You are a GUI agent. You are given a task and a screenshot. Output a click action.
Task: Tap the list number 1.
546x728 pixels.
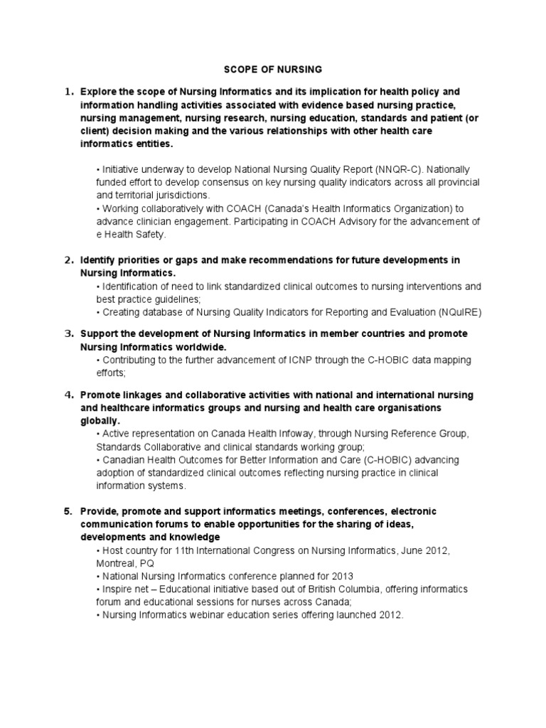69,92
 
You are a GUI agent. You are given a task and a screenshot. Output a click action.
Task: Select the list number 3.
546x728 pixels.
69,333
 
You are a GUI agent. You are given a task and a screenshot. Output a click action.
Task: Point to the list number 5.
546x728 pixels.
69,512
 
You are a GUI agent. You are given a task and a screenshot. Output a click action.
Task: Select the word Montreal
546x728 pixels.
117,562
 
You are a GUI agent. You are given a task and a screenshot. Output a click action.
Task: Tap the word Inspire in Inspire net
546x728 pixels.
117,589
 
